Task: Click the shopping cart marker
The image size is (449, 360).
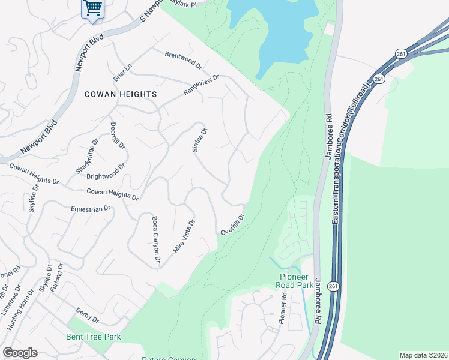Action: coord(92,9)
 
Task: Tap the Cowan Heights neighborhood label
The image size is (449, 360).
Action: coord(121,94)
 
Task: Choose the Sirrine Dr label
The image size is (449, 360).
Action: coord(199,140)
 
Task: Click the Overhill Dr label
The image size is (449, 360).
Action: coord(233,224)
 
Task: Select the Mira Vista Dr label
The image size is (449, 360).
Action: coord(184,235)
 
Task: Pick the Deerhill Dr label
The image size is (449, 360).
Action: coord(117,136)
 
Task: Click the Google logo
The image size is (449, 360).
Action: coord(20,353)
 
